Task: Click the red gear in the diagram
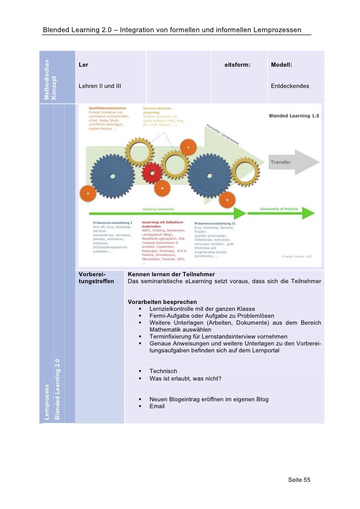tap(151, 173)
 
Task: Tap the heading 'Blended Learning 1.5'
tap(294, 116)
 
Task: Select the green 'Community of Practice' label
tap(278, 209)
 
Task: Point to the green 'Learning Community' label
tap(158, 209)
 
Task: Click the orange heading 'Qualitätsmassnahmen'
tap(107, 108)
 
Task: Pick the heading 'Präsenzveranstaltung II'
tap(215, 223)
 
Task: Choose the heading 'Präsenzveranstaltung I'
tap(112, 222)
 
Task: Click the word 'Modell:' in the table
tap(281, 65)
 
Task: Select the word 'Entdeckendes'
tap(290, 86)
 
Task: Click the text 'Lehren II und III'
tap(99, 86)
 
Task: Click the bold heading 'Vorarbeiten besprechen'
tap(162, 302)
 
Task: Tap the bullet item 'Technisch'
tap(163, 371)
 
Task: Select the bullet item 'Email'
tap(157, 407)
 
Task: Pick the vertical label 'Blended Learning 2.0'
tap(58, 390)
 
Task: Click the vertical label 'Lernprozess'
tap(47, 402)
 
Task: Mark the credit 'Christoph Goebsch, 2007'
tap(297, 256)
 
